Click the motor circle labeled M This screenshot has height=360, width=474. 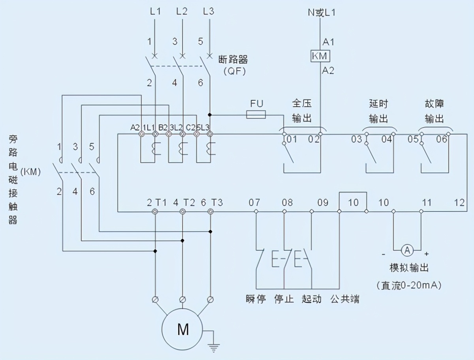click(x=182, y=329)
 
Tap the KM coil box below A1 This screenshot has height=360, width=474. click(x=320, y=56)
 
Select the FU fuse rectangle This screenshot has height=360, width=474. click(x=256, y=115)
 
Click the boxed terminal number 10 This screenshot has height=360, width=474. click(x=353, y=202)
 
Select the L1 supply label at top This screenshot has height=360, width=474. click(x=155, y=11)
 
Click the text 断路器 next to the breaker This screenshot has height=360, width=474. click(x=233, y=60)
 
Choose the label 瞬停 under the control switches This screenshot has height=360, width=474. click(x=256, y=299)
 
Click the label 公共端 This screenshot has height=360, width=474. click(x=345, y=299)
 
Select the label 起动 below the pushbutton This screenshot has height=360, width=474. click(x=312, y=299)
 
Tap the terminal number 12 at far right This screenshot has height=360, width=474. click(x=459, y=202)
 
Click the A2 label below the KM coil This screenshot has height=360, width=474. click(x=328, y=71)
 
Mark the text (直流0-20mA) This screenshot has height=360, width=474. click(x=409, y=285)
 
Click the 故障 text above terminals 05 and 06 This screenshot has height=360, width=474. click(x=434, y=104)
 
